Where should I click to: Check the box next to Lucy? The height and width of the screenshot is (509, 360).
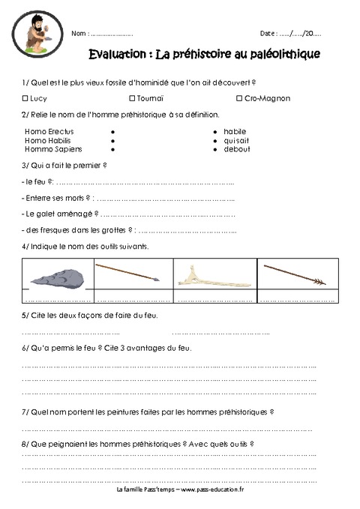click(26, 97)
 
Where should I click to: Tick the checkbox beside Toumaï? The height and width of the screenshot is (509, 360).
click(131, 97)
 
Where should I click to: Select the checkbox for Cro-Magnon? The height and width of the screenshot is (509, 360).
click(238, 97)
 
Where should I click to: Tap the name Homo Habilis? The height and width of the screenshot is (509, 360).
click(45, 139)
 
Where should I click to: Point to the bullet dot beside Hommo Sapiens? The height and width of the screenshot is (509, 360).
click(112, 148)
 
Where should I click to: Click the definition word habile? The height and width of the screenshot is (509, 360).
click(234, 130)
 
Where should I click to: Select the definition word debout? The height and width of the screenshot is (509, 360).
click(235, 148)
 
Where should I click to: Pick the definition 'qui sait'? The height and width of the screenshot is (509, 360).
click(235, 139)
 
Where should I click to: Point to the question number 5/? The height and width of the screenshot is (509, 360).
click(25, 316)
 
